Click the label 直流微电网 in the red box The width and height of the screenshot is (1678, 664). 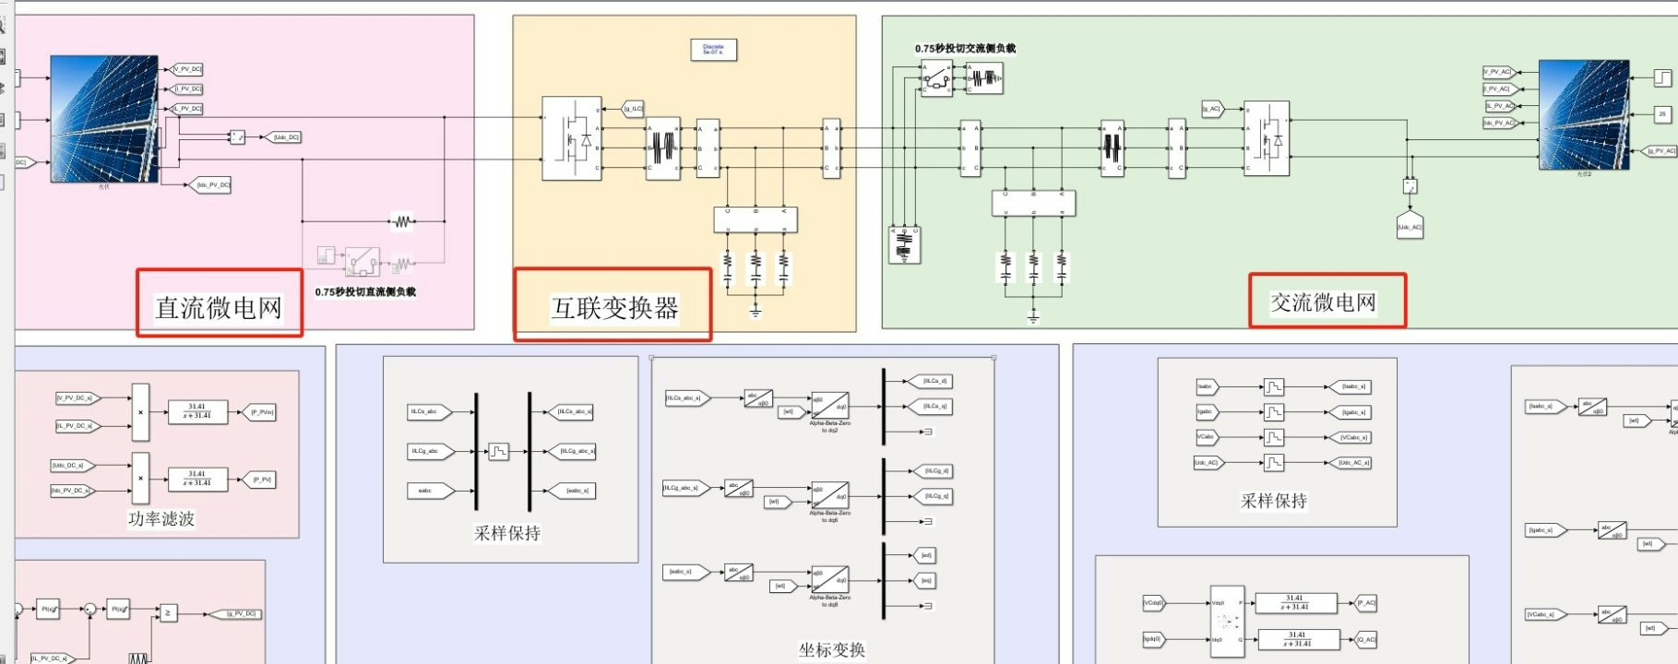(x=219, y=307)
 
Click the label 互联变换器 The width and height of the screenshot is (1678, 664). (x=614, y=307)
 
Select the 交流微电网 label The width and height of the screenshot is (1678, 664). (x=1323, y=302)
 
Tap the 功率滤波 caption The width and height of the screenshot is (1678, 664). (x=161, y=519)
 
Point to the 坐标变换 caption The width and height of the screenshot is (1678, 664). (x=831, y=649)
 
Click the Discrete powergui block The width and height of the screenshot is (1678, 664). (x=713, y=50)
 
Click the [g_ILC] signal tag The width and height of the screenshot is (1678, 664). (x=633, y=109)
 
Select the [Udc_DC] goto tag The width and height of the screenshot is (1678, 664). (x=285, y=137)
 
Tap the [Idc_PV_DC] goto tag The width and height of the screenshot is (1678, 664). (x=211, y=184)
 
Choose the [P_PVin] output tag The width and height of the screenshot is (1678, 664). (x=262, y=412)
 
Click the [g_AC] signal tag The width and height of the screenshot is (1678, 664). (x=1211, y=109)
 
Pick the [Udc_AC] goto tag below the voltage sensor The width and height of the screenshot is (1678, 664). (x=1410, y=226)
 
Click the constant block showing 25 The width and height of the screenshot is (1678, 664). (x=1662, y=114)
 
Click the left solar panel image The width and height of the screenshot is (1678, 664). (x=103, y=117)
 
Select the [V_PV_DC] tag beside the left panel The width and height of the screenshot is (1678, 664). (x=187, y=69)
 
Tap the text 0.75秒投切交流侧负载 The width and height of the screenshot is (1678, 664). (x=965, y=48)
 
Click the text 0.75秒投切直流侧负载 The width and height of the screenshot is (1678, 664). (x=365, y=291)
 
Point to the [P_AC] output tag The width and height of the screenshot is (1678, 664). (x=1365, y=603)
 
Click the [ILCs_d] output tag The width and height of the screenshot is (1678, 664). (x=934, y=381)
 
